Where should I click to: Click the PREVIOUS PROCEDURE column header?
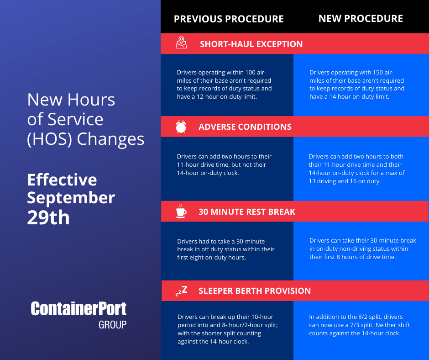coord(229,19)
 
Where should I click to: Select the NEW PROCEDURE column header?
coord(361,18)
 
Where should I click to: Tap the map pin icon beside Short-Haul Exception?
coord(181,43)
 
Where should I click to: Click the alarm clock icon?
coord(181,127)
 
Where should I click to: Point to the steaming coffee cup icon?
coord(181,211)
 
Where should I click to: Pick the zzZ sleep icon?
coord(181,291)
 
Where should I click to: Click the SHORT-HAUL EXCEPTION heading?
coord(251,44)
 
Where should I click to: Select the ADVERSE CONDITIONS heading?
coord(245,127)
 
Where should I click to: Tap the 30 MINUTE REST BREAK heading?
coord(247,212)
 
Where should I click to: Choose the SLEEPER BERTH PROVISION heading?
coord(255,291)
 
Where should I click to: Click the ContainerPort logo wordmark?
coord(78,309)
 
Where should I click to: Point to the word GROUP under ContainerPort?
coord(112,325)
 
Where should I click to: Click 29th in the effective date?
coord(48,218)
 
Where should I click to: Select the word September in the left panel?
coord(71,198)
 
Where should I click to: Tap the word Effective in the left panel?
coord(62,180)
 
